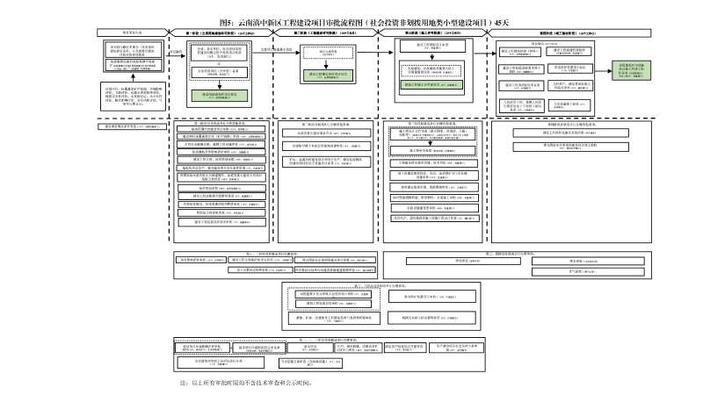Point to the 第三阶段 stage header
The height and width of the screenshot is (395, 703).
click(x=430, y=32)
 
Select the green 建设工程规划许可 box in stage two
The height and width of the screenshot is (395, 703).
click(x=328, y=75)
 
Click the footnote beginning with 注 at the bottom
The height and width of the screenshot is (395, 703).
click(x=246, y=383)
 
